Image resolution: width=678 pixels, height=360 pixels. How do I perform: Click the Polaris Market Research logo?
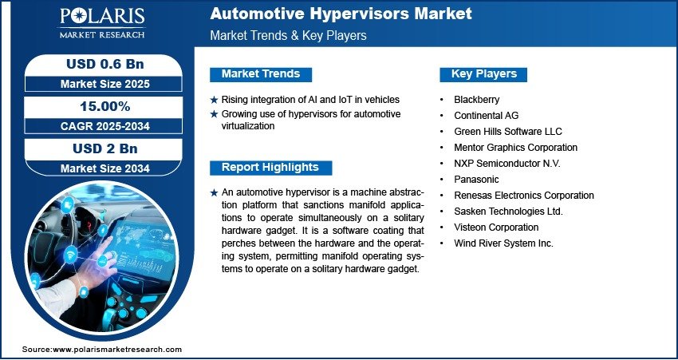(x=102, y=23)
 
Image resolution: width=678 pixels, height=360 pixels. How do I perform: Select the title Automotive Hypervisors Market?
(x=341, y=14)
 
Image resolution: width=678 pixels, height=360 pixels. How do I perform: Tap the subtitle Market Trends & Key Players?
(x=289, y=35)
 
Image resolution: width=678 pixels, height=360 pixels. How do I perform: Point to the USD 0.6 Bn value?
(x=104, y=64)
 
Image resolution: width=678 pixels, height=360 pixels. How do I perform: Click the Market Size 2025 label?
(x=104, y=84)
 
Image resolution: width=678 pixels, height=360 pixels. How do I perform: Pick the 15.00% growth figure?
(x=104, y=106)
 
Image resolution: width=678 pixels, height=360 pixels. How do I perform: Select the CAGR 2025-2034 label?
(x=104, y=126)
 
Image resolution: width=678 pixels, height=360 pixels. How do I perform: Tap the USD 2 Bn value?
(x=104, y=148)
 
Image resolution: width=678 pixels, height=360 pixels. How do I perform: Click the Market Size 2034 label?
(x=104, y=168)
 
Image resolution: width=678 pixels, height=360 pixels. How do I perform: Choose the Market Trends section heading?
(x=261, y=74)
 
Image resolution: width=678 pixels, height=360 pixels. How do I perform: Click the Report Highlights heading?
(x=270, y=168)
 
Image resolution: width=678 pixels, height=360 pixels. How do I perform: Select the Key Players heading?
(x=483, y=74)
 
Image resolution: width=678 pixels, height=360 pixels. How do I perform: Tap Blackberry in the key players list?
(x=476, y=100)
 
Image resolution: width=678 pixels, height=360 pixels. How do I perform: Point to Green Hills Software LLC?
(x=508, y=132)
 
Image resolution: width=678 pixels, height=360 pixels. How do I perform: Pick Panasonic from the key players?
(x=476, y=180)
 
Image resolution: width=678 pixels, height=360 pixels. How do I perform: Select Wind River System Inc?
(x=503, y=243)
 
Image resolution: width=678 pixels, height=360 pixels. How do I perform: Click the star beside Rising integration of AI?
(x=214, y=100)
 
